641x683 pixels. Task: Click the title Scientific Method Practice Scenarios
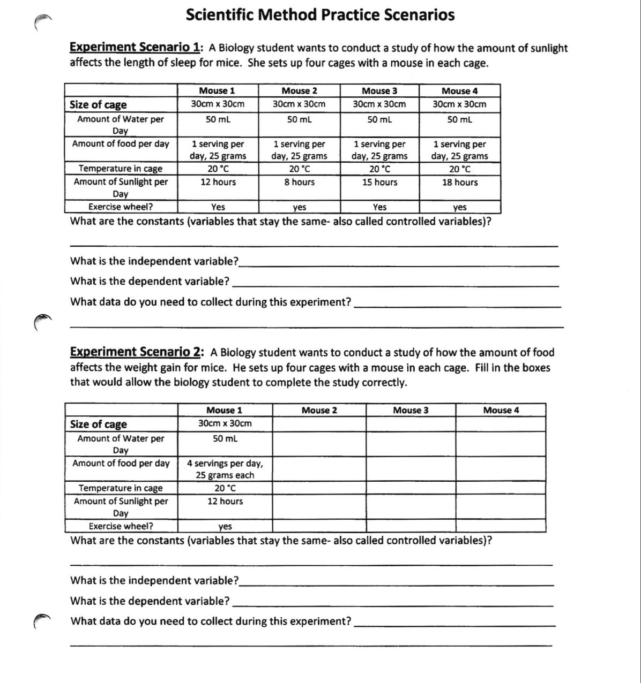[320, 15]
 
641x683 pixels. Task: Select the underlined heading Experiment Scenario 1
[135, 48]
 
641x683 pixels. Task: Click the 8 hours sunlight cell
[299, 183]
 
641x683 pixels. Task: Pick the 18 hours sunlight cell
[460, 183]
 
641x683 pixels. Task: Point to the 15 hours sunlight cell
[379, 183]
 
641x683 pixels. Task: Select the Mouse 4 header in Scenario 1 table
[459, 91]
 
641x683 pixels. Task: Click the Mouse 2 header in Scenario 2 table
[319, 411]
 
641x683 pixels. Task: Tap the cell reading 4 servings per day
[225, 469]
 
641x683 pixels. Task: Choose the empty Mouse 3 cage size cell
[411, 424]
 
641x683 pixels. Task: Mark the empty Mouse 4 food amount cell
[501, 469]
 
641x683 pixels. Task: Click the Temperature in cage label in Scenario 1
[121, 169]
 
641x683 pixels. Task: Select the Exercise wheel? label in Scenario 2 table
[121, 526]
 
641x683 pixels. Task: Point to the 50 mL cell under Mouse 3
[379, 119]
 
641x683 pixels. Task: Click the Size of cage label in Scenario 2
[99, 424]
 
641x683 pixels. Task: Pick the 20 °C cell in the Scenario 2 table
[225, 488]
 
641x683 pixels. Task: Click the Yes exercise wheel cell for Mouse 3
[379, 207]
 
